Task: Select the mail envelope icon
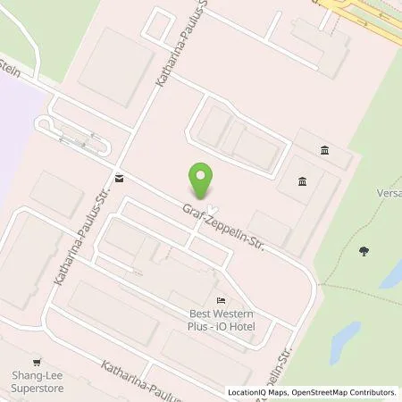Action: pyautogui.click(x=119, y=177)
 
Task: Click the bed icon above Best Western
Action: pyautogui.click(x=221, y=300)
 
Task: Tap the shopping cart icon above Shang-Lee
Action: pyautogui.click(x=37, y=363)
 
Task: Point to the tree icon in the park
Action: pyautogui.click(x=364, y=251)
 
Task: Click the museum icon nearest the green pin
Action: pyautogui.click(x=302, y=182)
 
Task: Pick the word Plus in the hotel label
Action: pyautogui.click(x=200, y=326)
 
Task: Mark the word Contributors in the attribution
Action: pyautogui.click(x=370, y=392)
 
